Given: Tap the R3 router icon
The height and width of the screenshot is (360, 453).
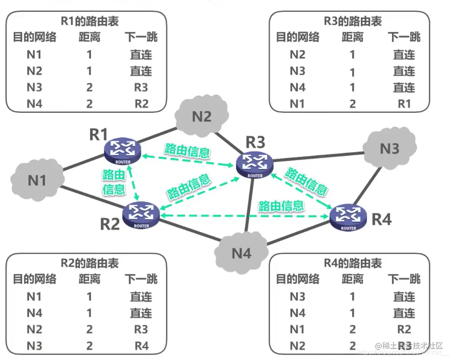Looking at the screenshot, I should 255,164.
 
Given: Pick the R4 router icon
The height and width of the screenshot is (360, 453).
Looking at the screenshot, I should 348,217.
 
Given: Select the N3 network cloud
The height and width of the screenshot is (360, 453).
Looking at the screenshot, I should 389,148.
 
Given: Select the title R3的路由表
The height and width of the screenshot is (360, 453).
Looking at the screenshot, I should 353,21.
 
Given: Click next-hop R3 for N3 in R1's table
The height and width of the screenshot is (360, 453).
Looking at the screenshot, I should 141,87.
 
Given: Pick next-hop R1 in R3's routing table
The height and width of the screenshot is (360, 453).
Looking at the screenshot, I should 404,104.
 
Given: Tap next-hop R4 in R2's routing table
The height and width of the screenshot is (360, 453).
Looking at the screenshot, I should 141,346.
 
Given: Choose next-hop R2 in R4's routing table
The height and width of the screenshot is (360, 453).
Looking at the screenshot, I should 404,329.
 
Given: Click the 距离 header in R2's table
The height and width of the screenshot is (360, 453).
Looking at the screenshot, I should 89,279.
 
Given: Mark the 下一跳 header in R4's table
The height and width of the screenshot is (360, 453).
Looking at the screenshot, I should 404,279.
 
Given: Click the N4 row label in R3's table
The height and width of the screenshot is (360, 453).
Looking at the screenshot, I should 297,87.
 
